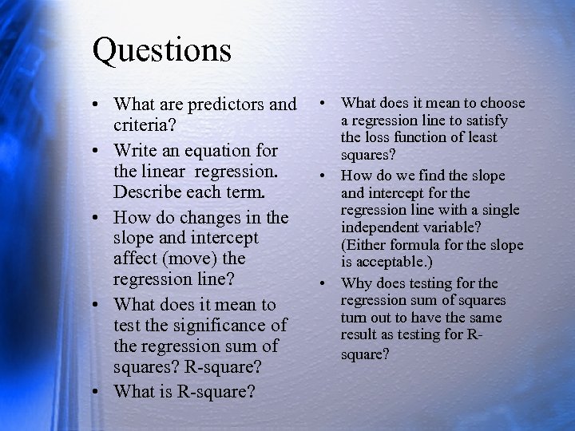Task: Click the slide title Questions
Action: [162, 49]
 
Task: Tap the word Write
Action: [136, 151]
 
